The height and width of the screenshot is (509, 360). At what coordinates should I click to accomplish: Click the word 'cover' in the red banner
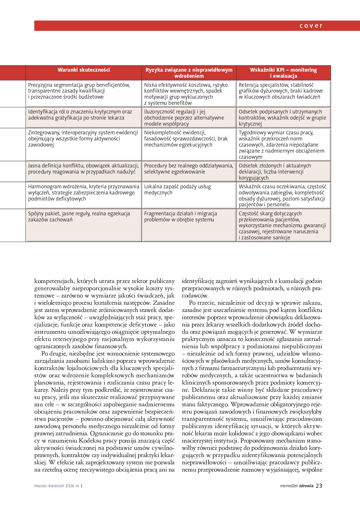tap(311, 26)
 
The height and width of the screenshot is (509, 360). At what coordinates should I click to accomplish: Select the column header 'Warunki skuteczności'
tap(84, 70)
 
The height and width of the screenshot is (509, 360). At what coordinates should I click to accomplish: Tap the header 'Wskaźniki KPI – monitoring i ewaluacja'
tap(283, 73)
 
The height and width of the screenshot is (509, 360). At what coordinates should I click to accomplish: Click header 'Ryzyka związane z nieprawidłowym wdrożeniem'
tap(189, 73)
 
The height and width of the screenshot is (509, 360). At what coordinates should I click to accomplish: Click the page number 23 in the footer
tap(319, 486)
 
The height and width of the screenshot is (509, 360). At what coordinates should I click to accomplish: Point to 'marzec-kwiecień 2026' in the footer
tap(54, 486)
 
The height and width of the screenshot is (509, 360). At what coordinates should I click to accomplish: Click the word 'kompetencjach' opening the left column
tap(54, 281)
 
